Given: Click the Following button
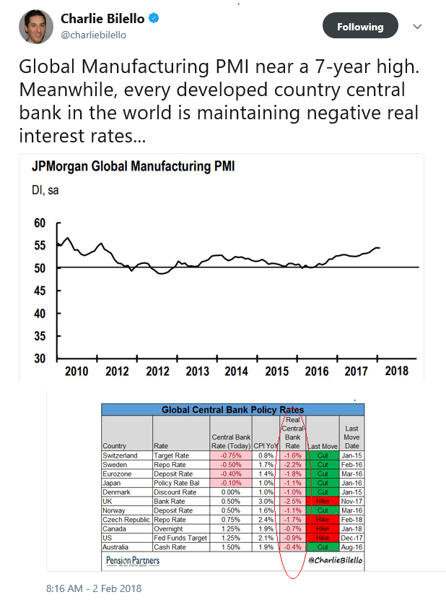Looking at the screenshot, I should click(359, 27).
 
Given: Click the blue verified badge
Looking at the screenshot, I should click(152, 18).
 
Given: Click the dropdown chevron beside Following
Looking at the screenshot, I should click(417, 27).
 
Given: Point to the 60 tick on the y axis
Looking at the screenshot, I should click(40, 223).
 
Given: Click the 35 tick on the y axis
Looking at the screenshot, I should click(40, 336).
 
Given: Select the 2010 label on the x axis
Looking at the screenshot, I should click(76, 371).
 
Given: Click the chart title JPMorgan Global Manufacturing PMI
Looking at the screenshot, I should click(133, 167).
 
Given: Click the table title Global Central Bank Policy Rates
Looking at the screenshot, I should click(232, 409).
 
